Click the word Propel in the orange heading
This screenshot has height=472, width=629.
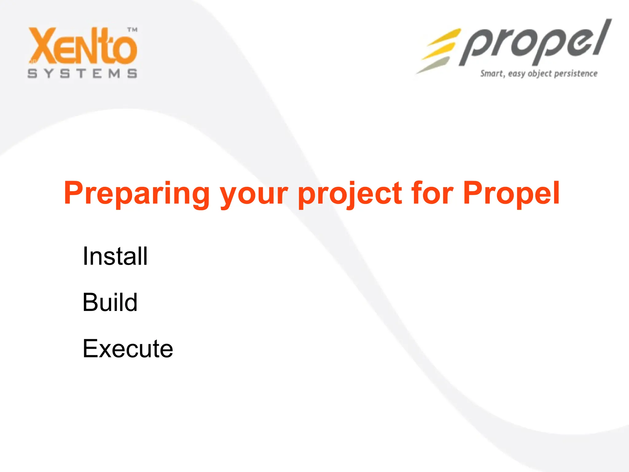pos(511,194)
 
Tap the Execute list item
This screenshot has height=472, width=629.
pos(128,348)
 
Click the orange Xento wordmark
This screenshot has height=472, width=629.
pos(83,46)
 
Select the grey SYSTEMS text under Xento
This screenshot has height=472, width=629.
pos(82,74)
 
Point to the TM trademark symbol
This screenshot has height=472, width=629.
pos(132,30)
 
